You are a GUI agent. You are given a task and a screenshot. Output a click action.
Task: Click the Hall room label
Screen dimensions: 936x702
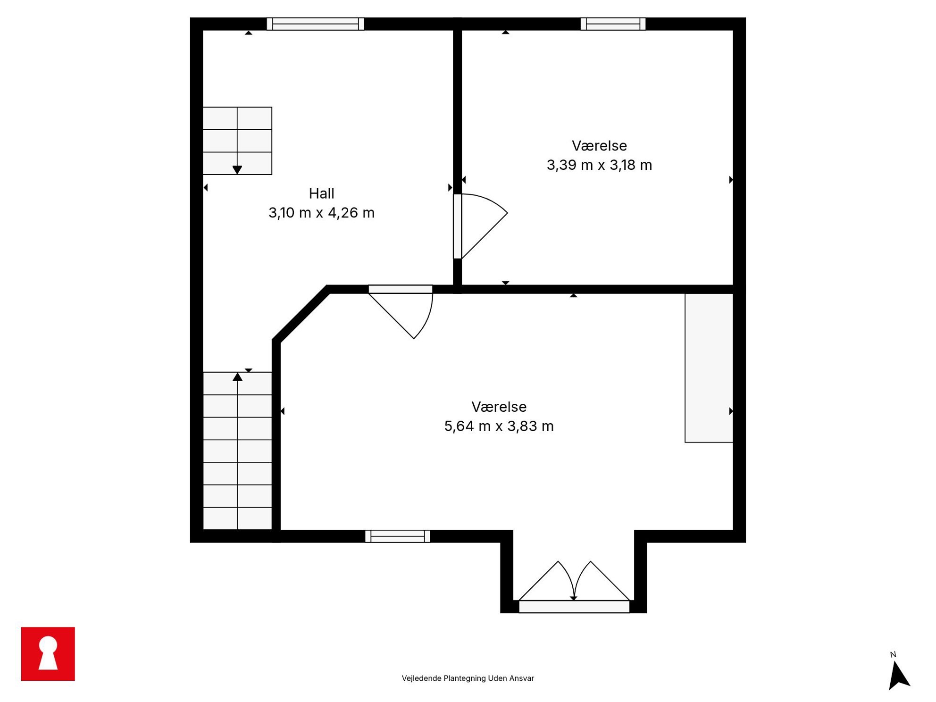pyautogui.click(x=321, y=193)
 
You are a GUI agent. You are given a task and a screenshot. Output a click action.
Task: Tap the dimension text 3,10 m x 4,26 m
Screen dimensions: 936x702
pyautogui.click(x=321, y=213)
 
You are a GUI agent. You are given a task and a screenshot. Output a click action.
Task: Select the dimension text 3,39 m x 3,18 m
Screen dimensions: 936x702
pyautogui.click(x=599, y=165)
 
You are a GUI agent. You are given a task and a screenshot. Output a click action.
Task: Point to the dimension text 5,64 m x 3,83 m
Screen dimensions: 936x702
pyautogui.click(x=499, y=426)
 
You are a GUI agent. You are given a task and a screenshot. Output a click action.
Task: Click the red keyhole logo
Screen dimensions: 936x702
pyautogui.click(x=48, y=653)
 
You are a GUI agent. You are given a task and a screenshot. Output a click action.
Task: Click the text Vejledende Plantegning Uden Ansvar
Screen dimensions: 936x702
pyautogui.click(x=468, y=678)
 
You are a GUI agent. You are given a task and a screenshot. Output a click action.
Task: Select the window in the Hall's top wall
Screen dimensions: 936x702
pyautogui.click(x=315, y=24)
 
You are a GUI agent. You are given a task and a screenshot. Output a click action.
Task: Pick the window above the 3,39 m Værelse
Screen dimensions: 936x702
pyautogui.click(x=613, y=24)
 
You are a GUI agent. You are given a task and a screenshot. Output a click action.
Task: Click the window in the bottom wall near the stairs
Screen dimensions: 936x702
pyautogui.click(x=397, y=536)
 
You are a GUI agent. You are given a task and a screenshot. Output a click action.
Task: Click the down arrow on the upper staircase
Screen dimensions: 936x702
pyautogui.click(x=237, y=169)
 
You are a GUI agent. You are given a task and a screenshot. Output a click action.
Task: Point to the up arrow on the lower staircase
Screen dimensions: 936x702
pyautogui.click(x=237, y=376)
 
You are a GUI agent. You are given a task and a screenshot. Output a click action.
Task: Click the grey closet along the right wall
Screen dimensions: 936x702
pyautogui.click(x=709, y=368)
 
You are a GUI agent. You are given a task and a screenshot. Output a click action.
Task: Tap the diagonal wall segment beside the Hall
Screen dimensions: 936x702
pyautogui.click(x=301, y=313)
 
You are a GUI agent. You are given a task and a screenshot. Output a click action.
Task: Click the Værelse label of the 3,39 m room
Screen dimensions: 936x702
pyautogui.click(x=599, y=146)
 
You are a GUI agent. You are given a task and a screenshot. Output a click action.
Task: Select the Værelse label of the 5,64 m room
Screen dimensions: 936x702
pyautogui.click(x=499, y=407)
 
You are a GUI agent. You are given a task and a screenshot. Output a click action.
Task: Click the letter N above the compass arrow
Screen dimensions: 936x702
pyautogui.click(x=893, y=654)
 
